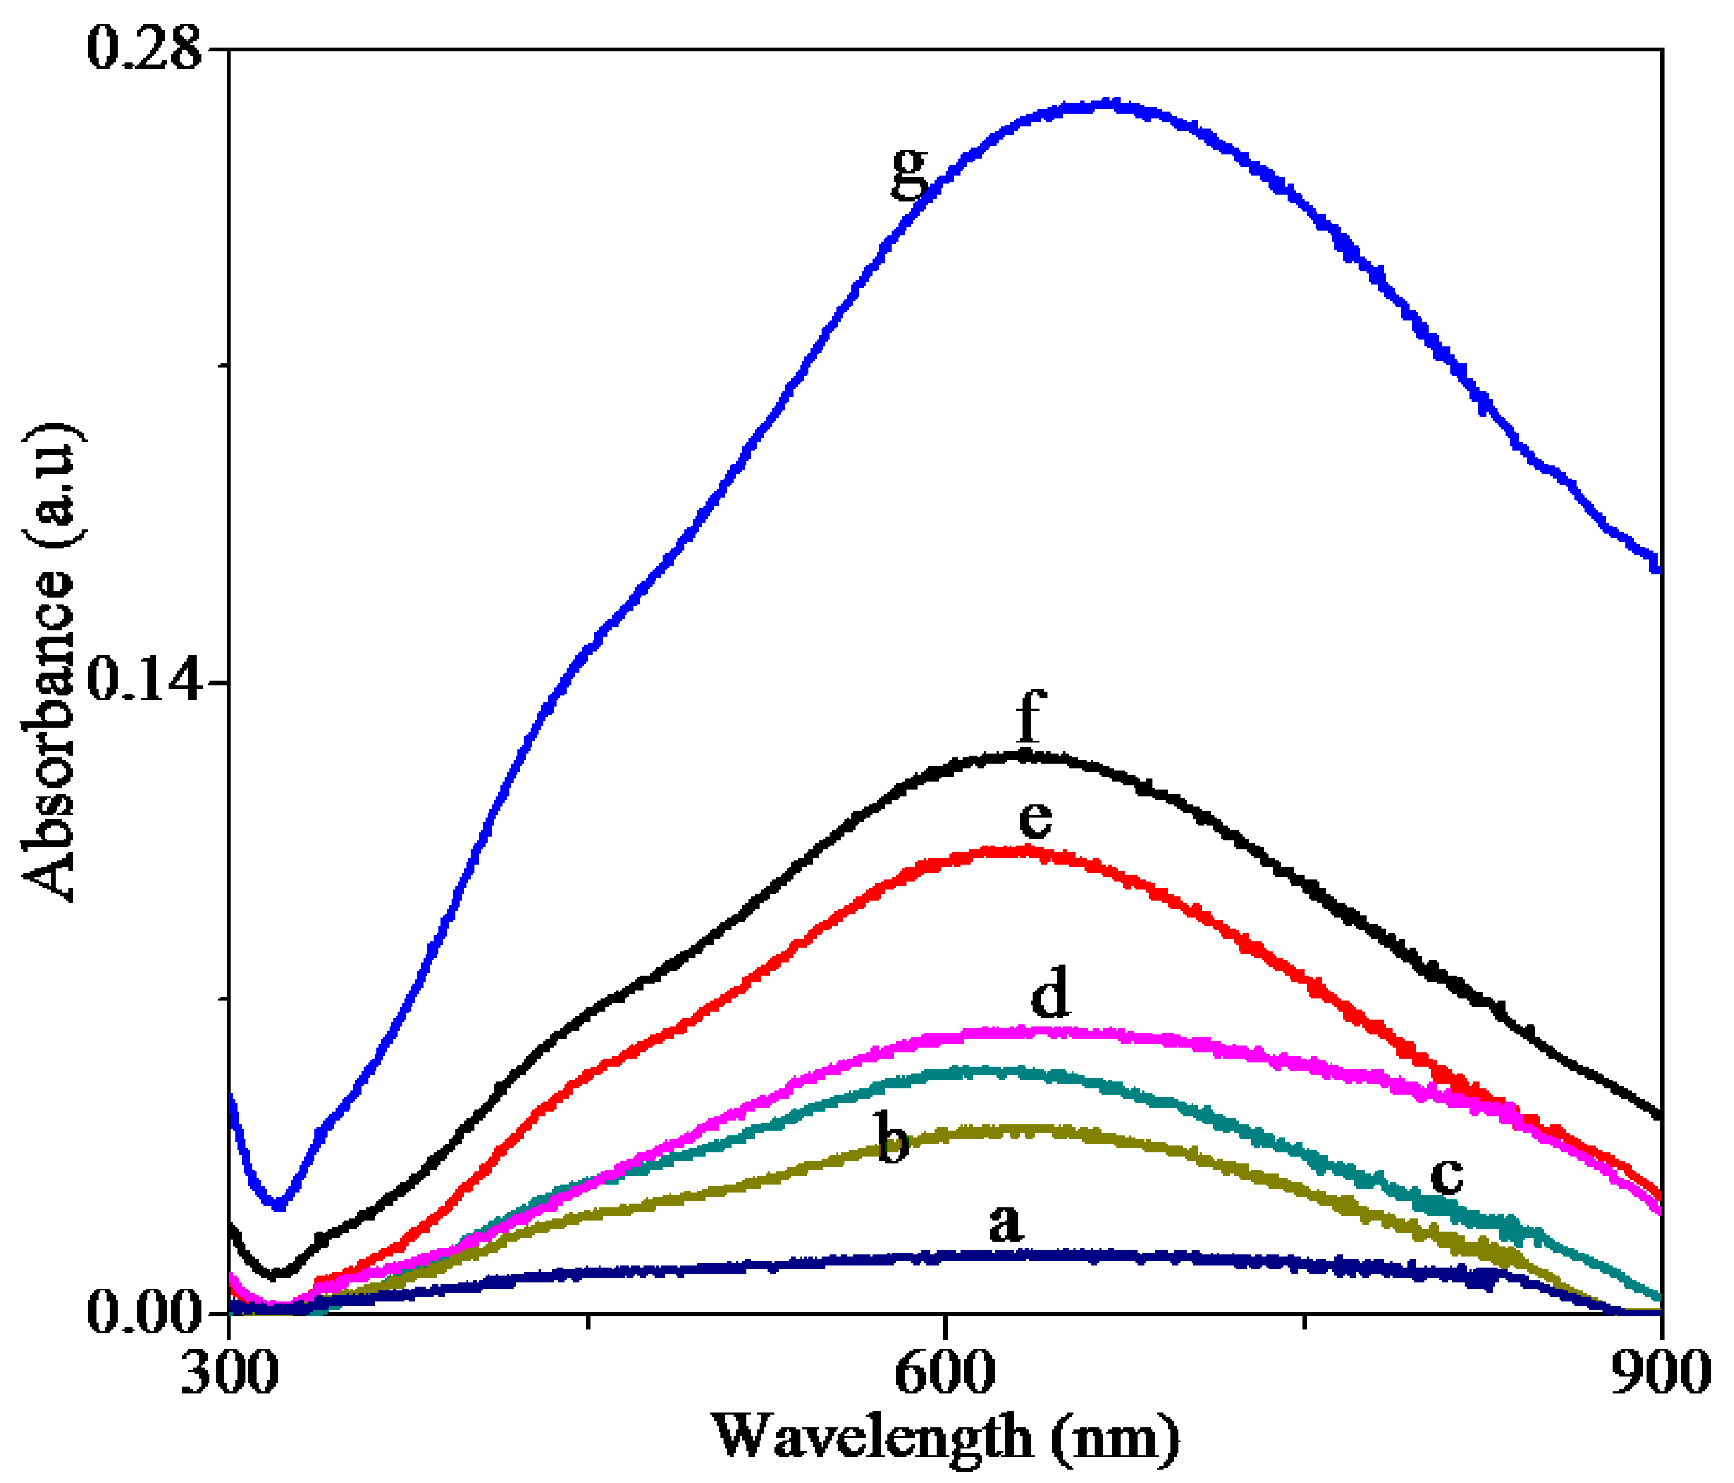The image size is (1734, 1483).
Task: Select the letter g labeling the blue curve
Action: click(x=909, y=171)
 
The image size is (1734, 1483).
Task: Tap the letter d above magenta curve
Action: click(x=1050, y=995)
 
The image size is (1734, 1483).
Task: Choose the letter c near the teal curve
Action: click(x=1446, y=1176)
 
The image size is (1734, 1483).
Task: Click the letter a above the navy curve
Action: click(x=1005, y=1223)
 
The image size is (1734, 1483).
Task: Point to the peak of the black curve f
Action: click(x=1023, y=755)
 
